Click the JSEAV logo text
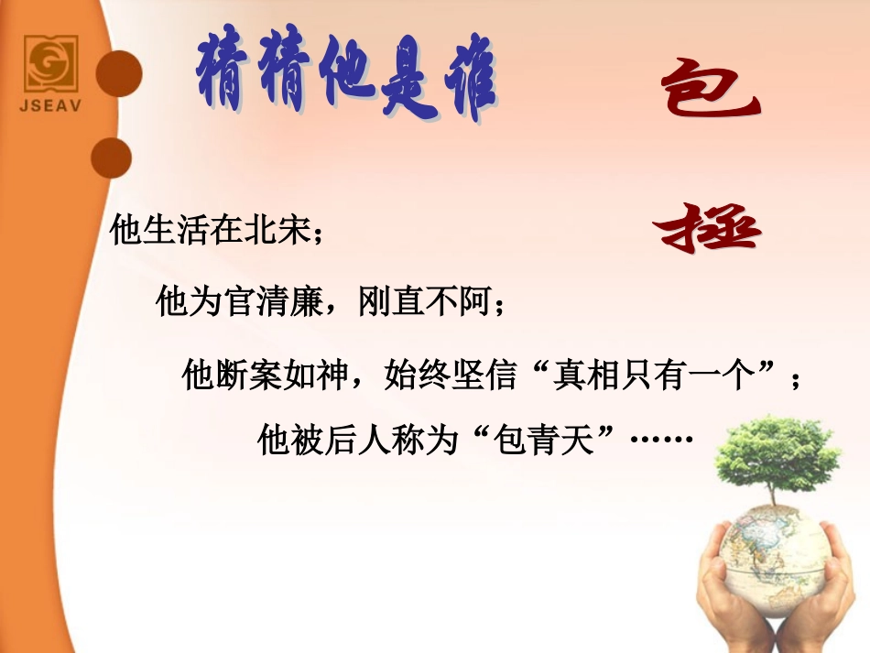point(50,104)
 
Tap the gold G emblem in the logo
point(50,64)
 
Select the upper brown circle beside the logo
point(120,73)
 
